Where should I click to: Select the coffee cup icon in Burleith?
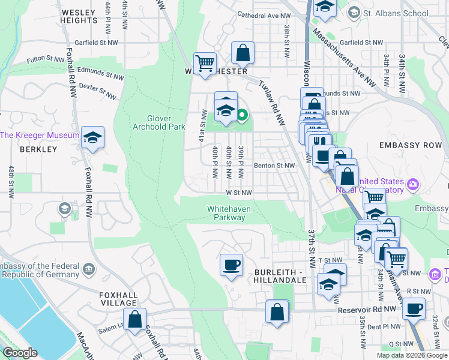tap(231, 265)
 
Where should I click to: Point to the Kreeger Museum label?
tap(40, 135)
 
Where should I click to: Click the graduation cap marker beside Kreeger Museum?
tap(92, 137)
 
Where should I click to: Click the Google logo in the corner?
tap(20, 353)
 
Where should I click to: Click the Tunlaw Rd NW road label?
tap(271, 103)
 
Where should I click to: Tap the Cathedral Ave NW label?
tap(264, 14)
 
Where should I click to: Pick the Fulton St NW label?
tap(45, 59)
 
